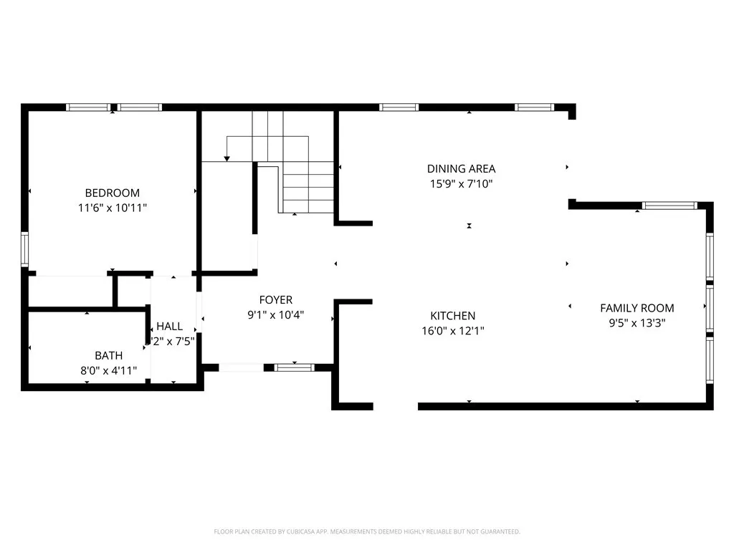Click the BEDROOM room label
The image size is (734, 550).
(112, 193)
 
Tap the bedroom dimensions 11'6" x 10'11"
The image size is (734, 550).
(112, 208)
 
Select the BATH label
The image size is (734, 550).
(108, 355)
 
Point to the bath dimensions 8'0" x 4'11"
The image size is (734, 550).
(108, 370)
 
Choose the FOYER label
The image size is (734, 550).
(276, 300)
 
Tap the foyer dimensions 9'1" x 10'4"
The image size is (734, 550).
(276, 314)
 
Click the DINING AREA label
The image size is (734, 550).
(461, 169)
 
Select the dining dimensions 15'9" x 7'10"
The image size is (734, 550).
(461, 184)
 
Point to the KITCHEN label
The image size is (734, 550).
(452, 316)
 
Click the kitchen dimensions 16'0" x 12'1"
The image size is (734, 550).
(452, 331)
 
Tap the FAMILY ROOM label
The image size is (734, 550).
(637, 308)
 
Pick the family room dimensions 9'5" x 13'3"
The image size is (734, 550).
(637, 323)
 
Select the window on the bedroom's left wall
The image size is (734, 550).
(24, 249)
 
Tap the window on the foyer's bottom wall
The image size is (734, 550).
(295, 367)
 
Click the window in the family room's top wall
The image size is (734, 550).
(669, 206)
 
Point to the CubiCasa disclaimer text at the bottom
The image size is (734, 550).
(367, 531)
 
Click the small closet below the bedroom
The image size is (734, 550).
(70, 291)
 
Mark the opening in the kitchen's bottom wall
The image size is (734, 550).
(395, 406)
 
